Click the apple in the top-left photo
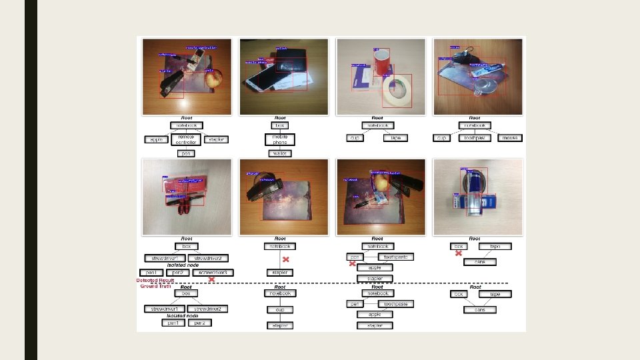213,80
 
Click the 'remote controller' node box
186,139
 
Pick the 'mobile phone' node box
280,139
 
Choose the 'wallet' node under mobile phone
280,153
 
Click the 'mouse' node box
511,139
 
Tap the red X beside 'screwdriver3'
211,280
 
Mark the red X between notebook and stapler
286,259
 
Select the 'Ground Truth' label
155,287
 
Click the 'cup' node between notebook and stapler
280,309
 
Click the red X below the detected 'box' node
459,253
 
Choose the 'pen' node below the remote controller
186,153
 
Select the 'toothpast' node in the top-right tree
475,139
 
